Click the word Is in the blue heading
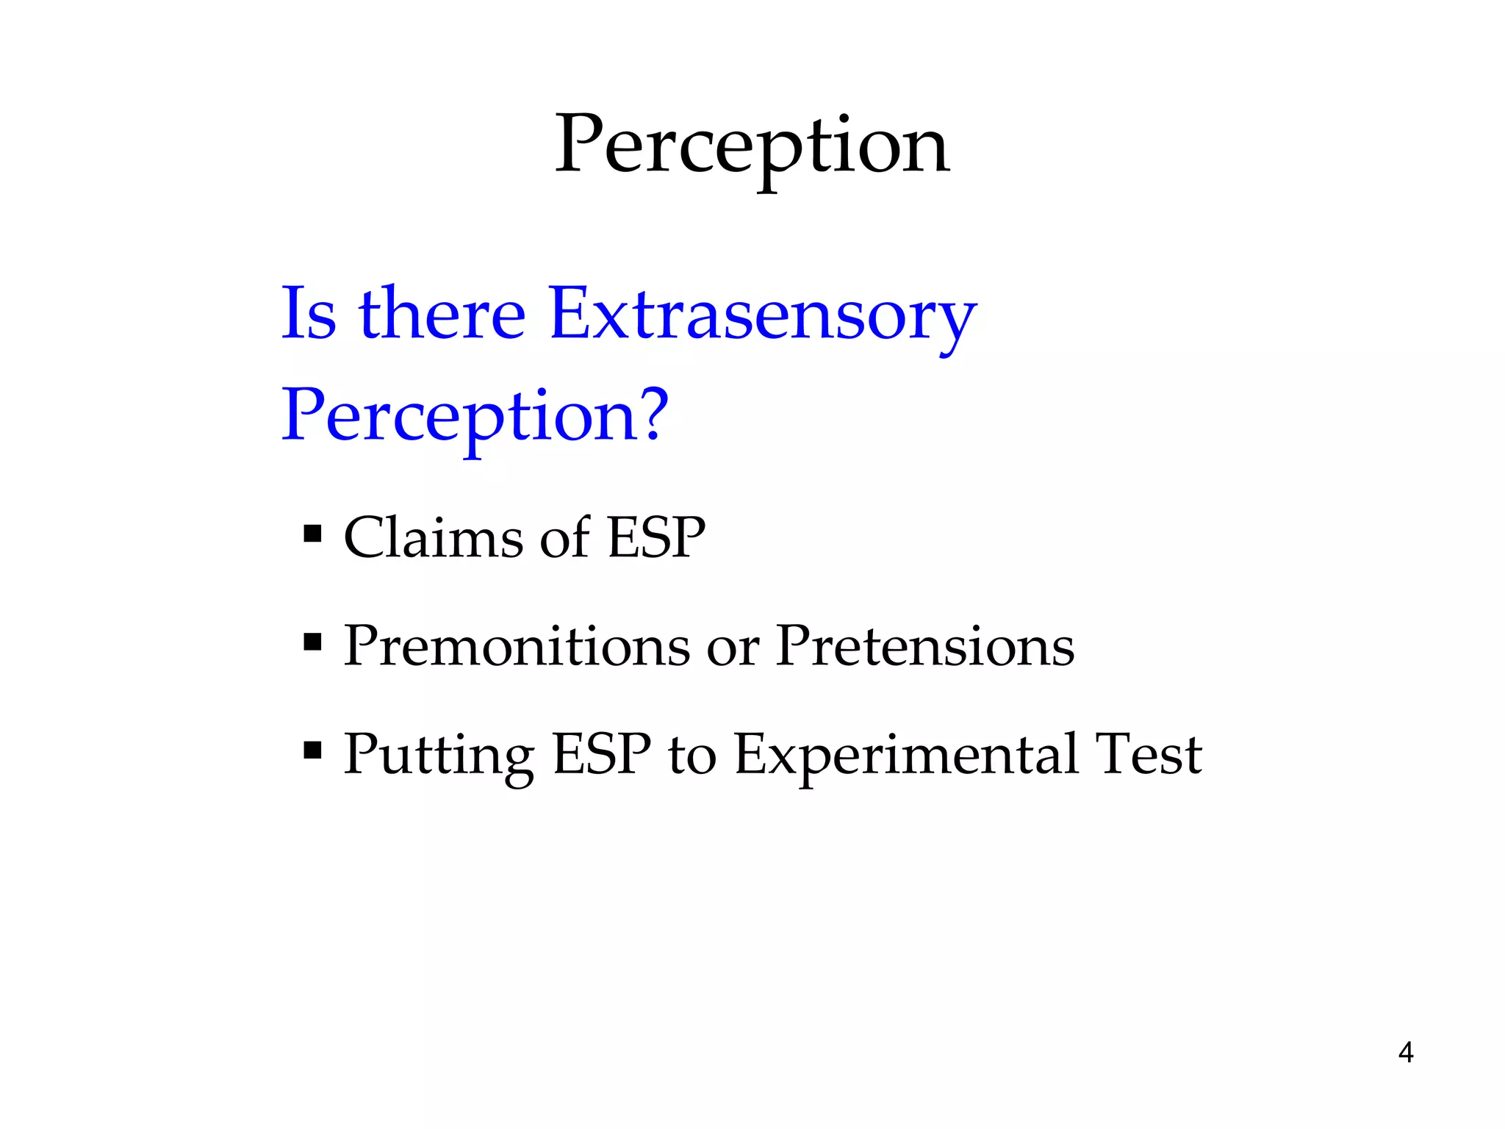(309, 314)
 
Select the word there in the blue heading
(442, 314)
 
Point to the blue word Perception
(456, 417)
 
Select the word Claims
(433, 537)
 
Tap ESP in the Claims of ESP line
(656, 537)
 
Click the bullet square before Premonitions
(312, 642)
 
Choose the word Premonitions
(517, 646)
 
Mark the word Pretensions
(925, 646)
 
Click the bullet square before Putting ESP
(312, 750)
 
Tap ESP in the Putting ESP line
(601, 754)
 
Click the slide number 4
(1405, 1053)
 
